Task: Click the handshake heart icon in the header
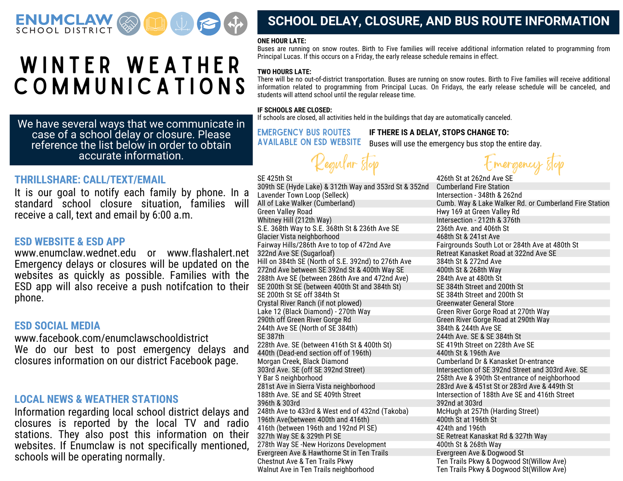[128, 24]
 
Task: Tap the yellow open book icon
[155, 24]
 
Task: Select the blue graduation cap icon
[209, 24]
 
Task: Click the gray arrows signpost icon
[236, 24]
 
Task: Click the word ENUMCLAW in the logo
[64, 20]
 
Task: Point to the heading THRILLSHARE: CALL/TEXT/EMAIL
[90, 180]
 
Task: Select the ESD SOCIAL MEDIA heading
[57, 326]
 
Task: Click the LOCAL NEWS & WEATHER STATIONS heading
[96, 399]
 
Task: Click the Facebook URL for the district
[111, 338]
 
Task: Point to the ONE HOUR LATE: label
[282, 41]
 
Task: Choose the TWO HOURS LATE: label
[284, 72]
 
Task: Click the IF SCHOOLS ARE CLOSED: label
[295, 110]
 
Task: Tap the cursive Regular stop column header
[345, 164]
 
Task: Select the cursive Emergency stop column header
[524, 164]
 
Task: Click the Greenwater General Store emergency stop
[475, 303]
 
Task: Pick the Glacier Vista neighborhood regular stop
[298, 237]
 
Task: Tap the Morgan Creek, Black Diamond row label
[302, 361]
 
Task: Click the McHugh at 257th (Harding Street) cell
[487, 411]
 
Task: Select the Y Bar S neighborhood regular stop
[290, 378]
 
